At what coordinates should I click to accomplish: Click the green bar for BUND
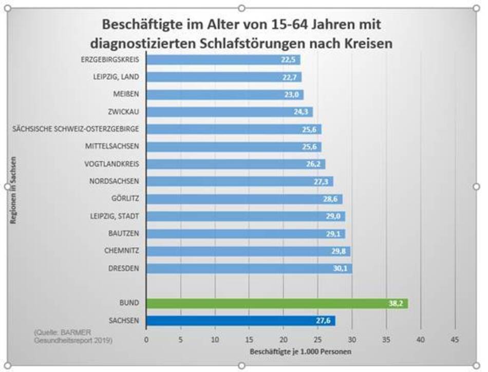point(277,303)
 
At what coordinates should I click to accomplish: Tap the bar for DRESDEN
point(249,268)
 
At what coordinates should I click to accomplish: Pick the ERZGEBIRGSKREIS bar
point(223,60)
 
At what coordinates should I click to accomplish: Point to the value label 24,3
point(302,112)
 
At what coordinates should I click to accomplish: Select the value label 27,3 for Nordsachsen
point(323,181)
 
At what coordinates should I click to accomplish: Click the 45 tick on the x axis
point(455,339)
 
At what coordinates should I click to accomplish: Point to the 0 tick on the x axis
point(146,339)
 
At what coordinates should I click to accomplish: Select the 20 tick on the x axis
point(284,339)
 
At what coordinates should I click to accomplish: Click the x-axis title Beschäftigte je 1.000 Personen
point(300,352)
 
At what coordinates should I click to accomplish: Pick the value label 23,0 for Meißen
point(293,95)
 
